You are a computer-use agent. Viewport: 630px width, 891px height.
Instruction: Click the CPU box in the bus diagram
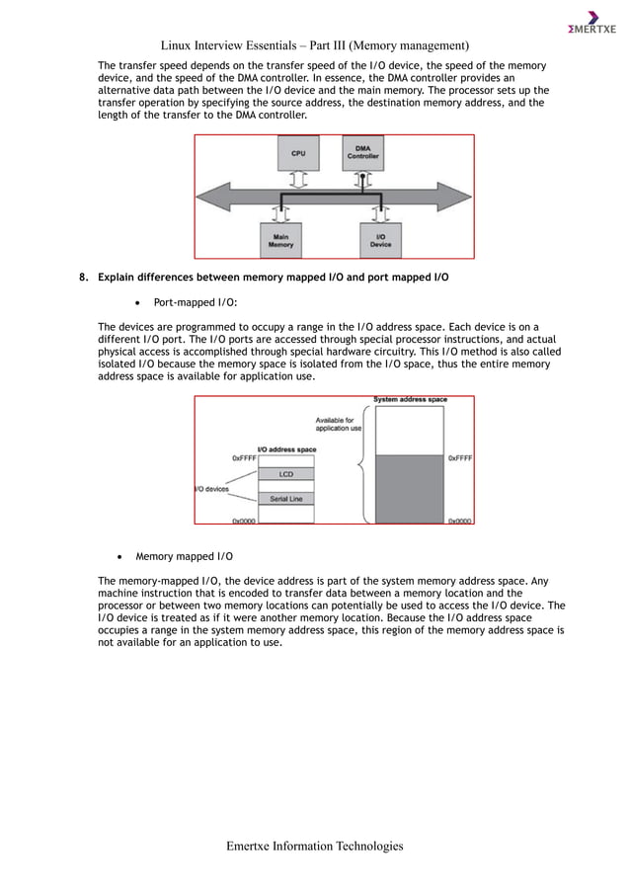(297, 153)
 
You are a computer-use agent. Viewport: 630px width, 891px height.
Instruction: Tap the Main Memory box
(280, 240)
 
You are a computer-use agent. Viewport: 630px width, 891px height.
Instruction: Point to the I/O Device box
(380, 240)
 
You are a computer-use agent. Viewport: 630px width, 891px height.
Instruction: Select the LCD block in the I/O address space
(284, 474)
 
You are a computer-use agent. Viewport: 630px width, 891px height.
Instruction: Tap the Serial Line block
(285, 498)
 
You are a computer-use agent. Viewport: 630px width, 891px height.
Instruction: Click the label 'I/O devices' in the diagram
(213, 488)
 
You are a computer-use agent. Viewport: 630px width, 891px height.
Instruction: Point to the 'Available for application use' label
(338, 424)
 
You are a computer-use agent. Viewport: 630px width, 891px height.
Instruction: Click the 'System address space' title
(410, 400)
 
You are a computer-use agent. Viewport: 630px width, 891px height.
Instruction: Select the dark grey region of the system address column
(411, 487)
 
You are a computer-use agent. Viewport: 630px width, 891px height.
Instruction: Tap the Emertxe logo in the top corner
(591, 22)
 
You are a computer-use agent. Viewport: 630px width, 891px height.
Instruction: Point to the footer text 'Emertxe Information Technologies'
(315, 847)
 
